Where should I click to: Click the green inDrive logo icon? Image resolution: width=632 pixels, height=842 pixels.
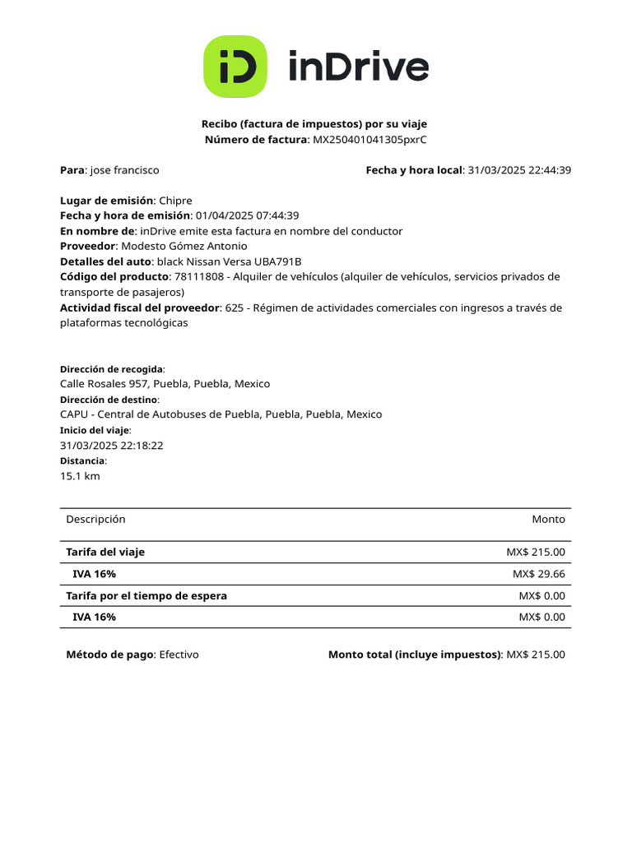click(235, 67)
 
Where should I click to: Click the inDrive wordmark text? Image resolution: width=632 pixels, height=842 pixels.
click(358, 67)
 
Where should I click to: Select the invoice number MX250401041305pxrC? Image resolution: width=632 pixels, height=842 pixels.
click(369, 140)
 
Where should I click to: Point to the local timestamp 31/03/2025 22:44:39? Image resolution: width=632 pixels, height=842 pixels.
click(519, 170)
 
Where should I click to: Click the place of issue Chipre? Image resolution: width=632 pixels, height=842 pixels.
click(175, 201)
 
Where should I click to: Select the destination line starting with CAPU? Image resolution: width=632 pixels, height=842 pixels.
click(221, 414)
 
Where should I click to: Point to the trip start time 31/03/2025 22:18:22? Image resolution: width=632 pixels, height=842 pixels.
click(112, 445)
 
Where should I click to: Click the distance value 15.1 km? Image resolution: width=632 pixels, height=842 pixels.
click(80, 476)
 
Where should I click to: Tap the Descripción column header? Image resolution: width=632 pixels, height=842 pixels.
click(95, 519)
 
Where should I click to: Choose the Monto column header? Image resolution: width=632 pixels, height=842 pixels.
click(548, 519)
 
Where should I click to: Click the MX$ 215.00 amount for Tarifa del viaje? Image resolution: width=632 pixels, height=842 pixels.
click(536, 553)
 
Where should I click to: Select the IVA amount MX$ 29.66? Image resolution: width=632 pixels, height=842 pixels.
click(539, 574)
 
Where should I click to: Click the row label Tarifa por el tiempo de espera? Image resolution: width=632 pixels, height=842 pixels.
click(146, 595)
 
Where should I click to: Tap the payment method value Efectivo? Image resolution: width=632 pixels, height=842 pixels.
click(179, 655)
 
